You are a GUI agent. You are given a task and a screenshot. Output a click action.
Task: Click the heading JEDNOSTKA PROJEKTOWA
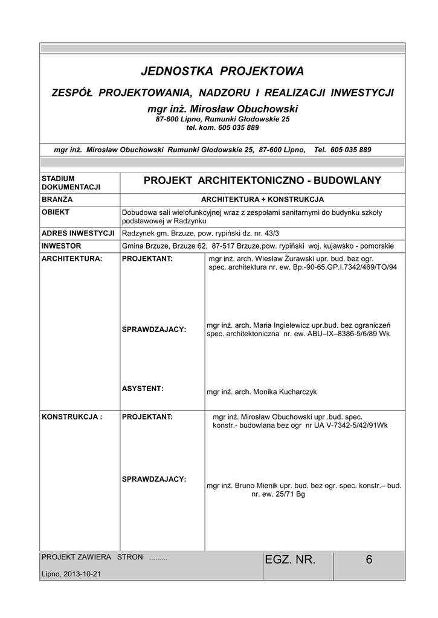coord(222,72)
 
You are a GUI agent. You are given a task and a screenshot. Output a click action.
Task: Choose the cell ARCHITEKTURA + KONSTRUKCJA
coord(262,199)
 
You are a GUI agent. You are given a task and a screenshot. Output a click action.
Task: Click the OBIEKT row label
coord(56,212)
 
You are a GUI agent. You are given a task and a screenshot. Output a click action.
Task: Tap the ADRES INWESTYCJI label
coord(78,233)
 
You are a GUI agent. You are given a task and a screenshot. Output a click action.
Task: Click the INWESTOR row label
coord(61,246)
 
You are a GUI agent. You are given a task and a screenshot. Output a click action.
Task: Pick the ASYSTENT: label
coord(143,389)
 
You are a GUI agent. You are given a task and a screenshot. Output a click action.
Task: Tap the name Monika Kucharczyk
coord(285,392)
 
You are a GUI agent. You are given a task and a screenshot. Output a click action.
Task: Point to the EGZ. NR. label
coord(290,560)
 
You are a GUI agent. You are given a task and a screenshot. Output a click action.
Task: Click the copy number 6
coord(369,560)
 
